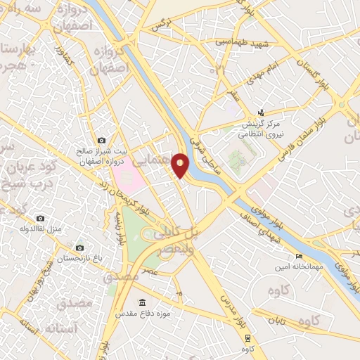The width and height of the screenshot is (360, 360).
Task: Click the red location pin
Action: point(181,165)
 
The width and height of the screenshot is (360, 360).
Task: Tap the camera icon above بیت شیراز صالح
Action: point(102,141)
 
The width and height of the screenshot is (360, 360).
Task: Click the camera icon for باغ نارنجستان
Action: point(79,247)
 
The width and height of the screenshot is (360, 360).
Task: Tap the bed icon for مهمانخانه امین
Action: point(299,256)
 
